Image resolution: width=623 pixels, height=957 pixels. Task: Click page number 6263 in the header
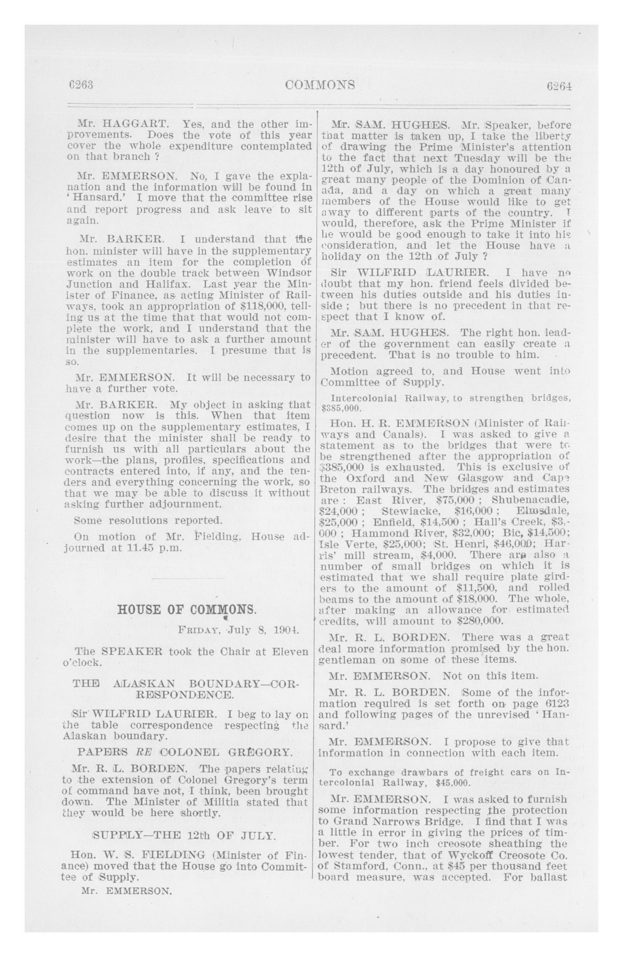pyautogui.click(x=81, y=85)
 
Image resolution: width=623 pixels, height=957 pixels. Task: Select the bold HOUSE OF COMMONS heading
pyautogui.click(x=186, y=609)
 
